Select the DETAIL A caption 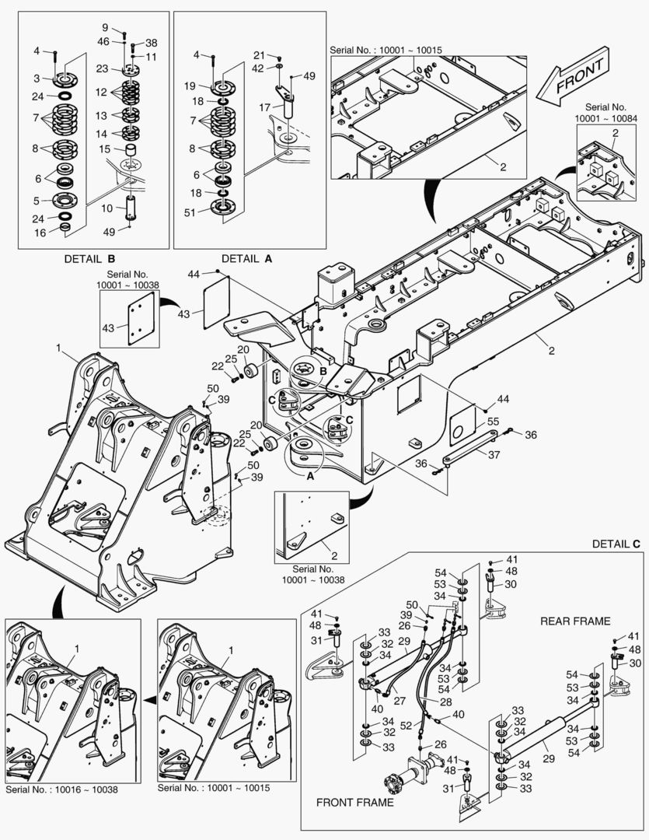[246, 258]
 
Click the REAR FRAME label [575, 621]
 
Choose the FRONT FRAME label [354, 802]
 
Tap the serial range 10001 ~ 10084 [605, 118]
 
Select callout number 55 [492, 421]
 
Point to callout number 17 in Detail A [264, 107]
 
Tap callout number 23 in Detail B [102, 68]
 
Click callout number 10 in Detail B [108, 208]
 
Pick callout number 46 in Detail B [103, 40]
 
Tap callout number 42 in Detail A [257, 68]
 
